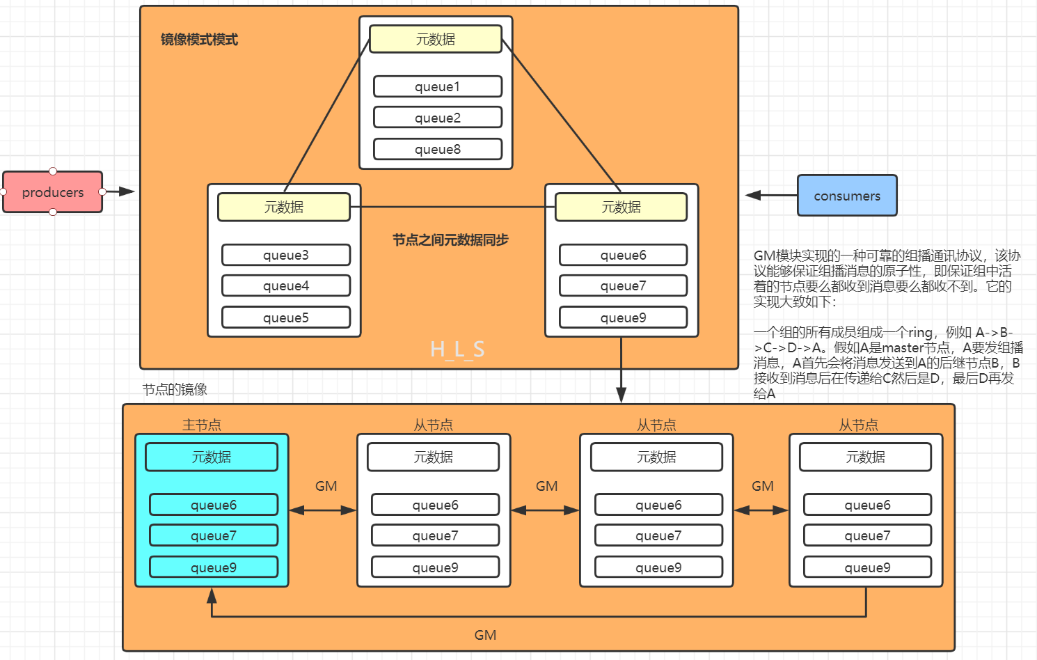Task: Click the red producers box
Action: tap(52, 192)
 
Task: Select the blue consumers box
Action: tap(846, 196)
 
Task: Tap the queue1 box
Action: tap(437, 86)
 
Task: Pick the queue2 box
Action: tap(437, 118)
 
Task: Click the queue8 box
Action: tap(437, 149)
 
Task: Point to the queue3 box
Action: tap(285, 255)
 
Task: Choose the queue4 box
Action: tap(285, 285)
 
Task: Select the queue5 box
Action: tap(285, 317)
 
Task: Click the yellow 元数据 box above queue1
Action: tap(435, 40)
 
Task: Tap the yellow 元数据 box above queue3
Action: tap(283, 207)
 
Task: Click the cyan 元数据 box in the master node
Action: tap(211, 457)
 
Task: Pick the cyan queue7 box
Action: tap(213, 535)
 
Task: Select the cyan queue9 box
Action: tap(213, 567)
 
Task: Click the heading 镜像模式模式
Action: tap(199, 40)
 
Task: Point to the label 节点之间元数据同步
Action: tap(450, 240)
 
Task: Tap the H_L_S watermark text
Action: tap(457, 349)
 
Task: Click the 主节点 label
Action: tap(201, 425)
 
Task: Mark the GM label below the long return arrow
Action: tap(485, 635)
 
